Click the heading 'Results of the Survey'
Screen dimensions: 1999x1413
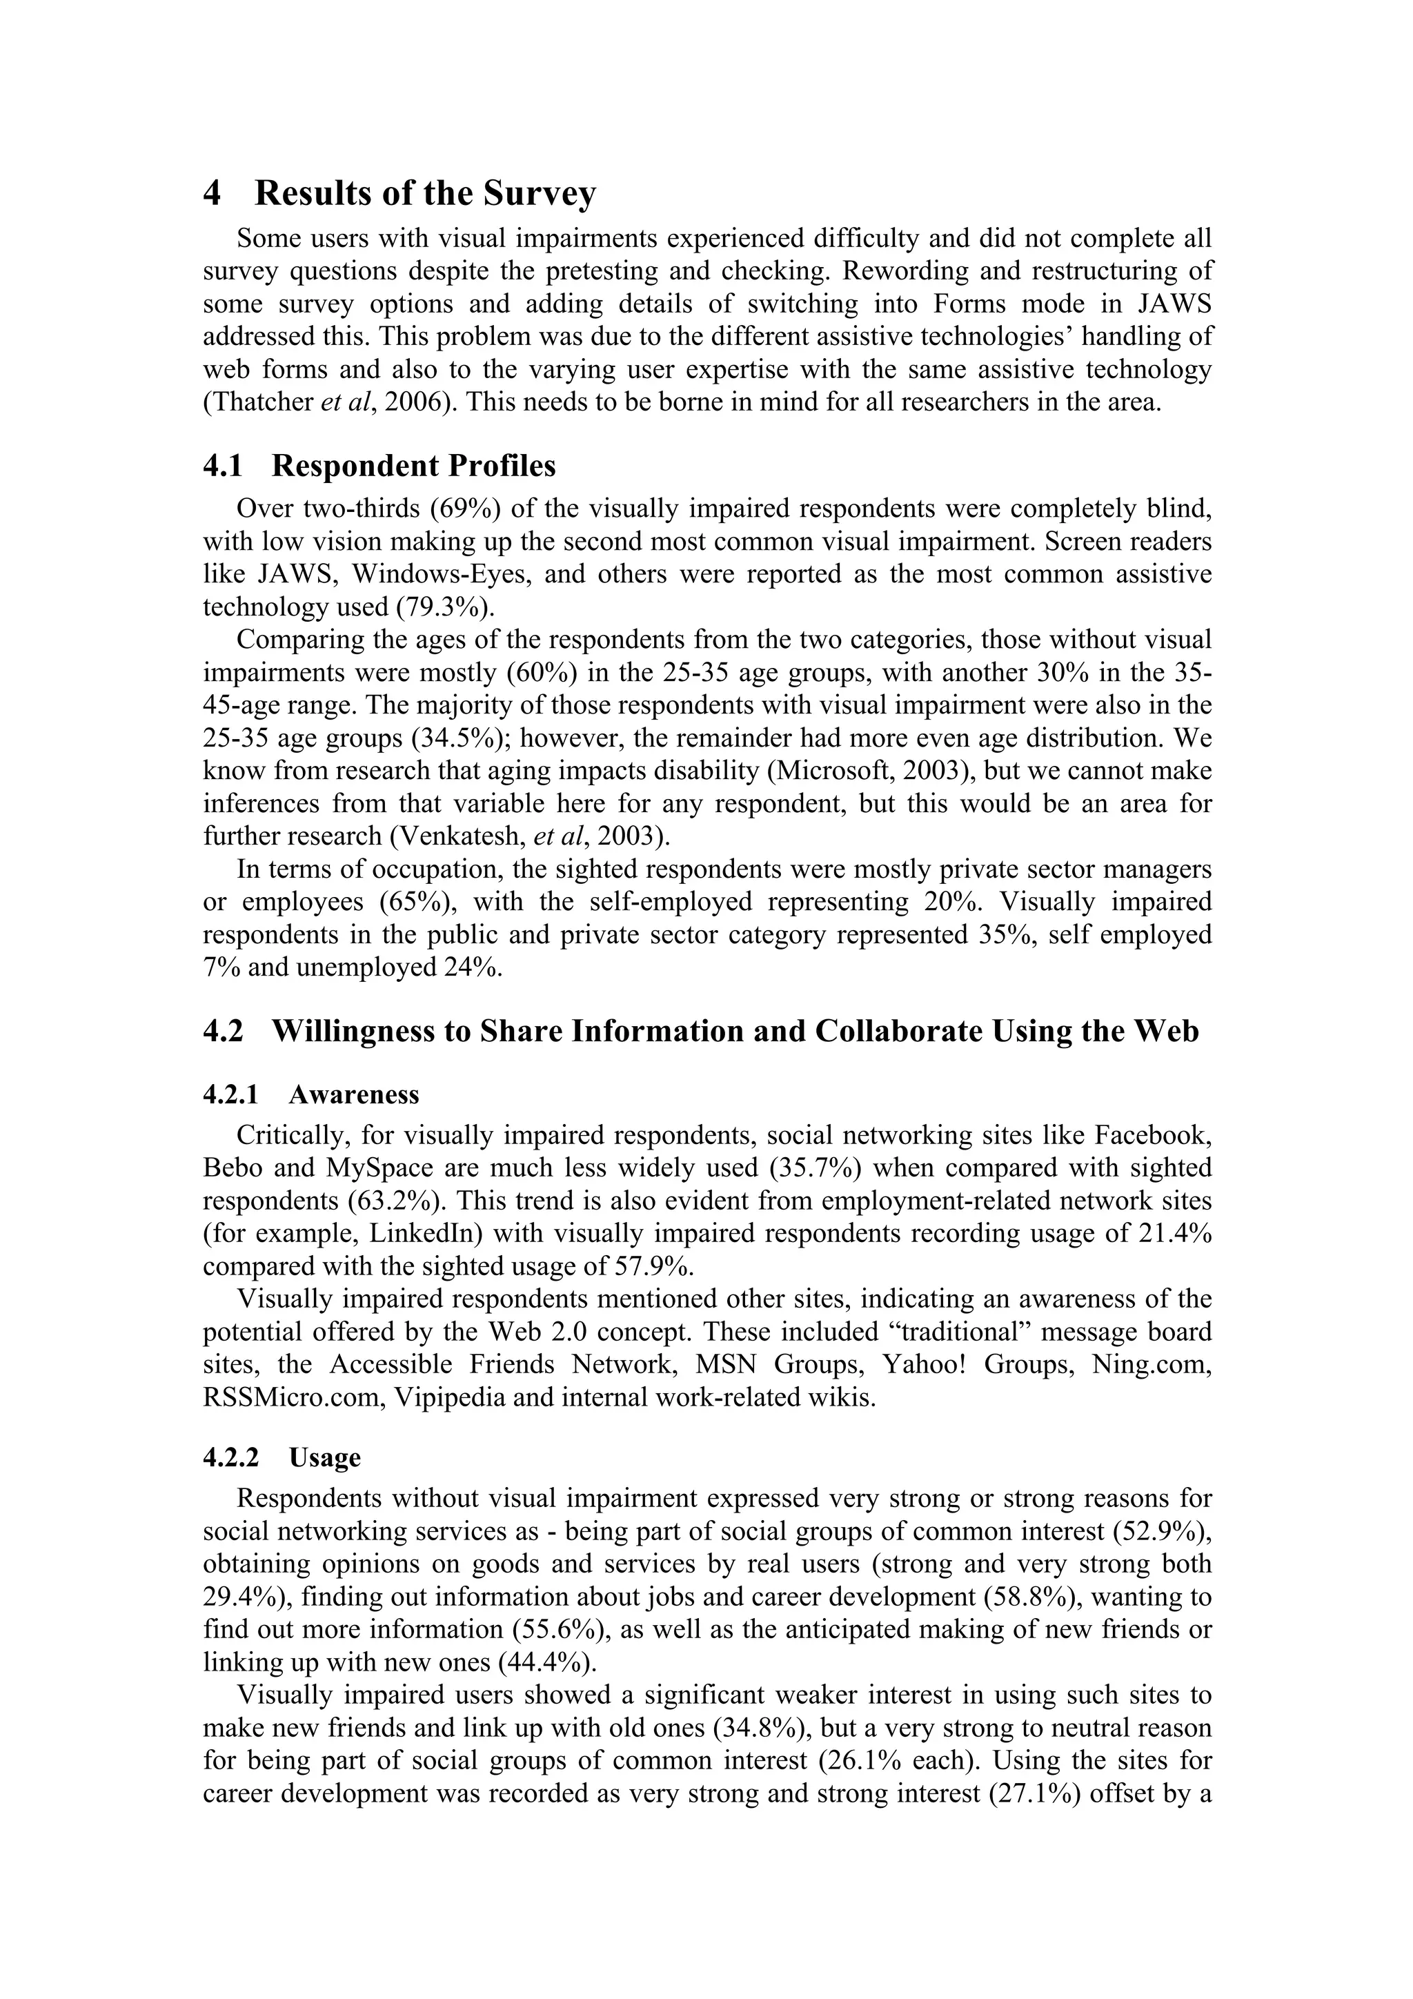pos(425,193)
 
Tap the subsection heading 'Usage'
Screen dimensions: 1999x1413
pos(325,1457)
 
